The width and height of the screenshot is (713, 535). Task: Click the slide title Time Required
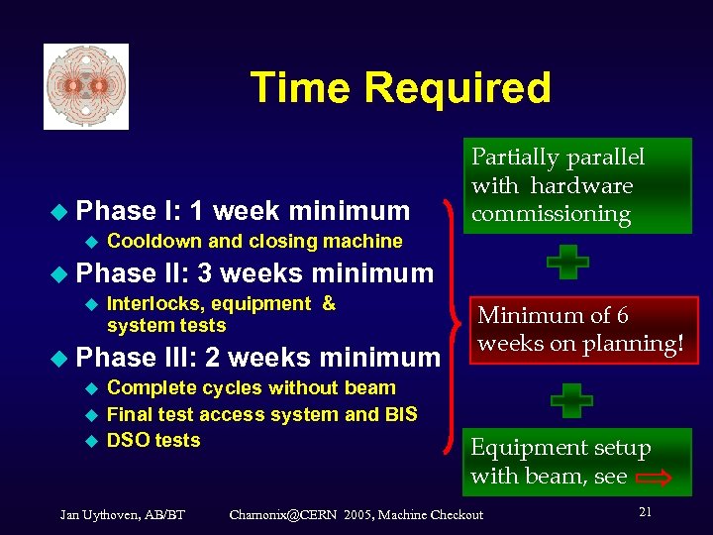[400, 87]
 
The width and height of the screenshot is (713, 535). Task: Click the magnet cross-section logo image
[86, 86]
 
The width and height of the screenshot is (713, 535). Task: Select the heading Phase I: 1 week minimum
[243, 210]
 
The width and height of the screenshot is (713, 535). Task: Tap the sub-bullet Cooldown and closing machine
[254, 241]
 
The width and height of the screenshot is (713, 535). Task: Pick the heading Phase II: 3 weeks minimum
[255, 272]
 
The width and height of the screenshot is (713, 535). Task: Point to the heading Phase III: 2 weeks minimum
[257, 357]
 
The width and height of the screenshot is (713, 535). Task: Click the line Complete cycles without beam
[251, 388]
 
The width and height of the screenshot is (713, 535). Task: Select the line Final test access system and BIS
[261, 414]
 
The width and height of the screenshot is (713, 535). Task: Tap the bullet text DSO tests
[153, 440]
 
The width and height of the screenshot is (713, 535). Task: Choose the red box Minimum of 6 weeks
[578, 330]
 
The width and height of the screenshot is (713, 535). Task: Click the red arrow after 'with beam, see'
[653, 478]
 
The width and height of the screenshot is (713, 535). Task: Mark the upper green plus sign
[567, 263]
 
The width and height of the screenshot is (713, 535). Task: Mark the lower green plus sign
[571, 400]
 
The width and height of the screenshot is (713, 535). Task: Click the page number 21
[645, 511]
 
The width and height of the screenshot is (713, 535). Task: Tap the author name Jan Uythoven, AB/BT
[122, 514]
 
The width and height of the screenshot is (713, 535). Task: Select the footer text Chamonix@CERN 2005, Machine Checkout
[356, 514]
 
